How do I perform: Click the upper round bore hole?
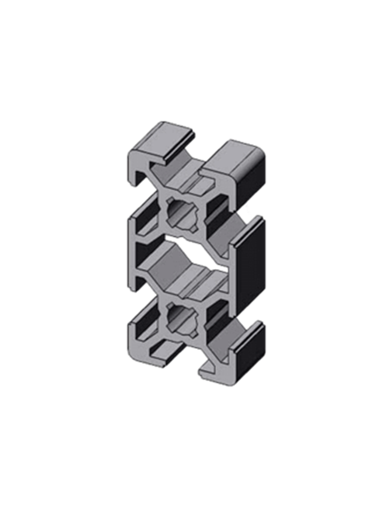(185, 213)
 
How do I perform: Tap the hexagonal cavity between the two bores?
(182, 265)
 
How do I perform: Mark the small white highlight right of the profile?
(250, 211)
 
